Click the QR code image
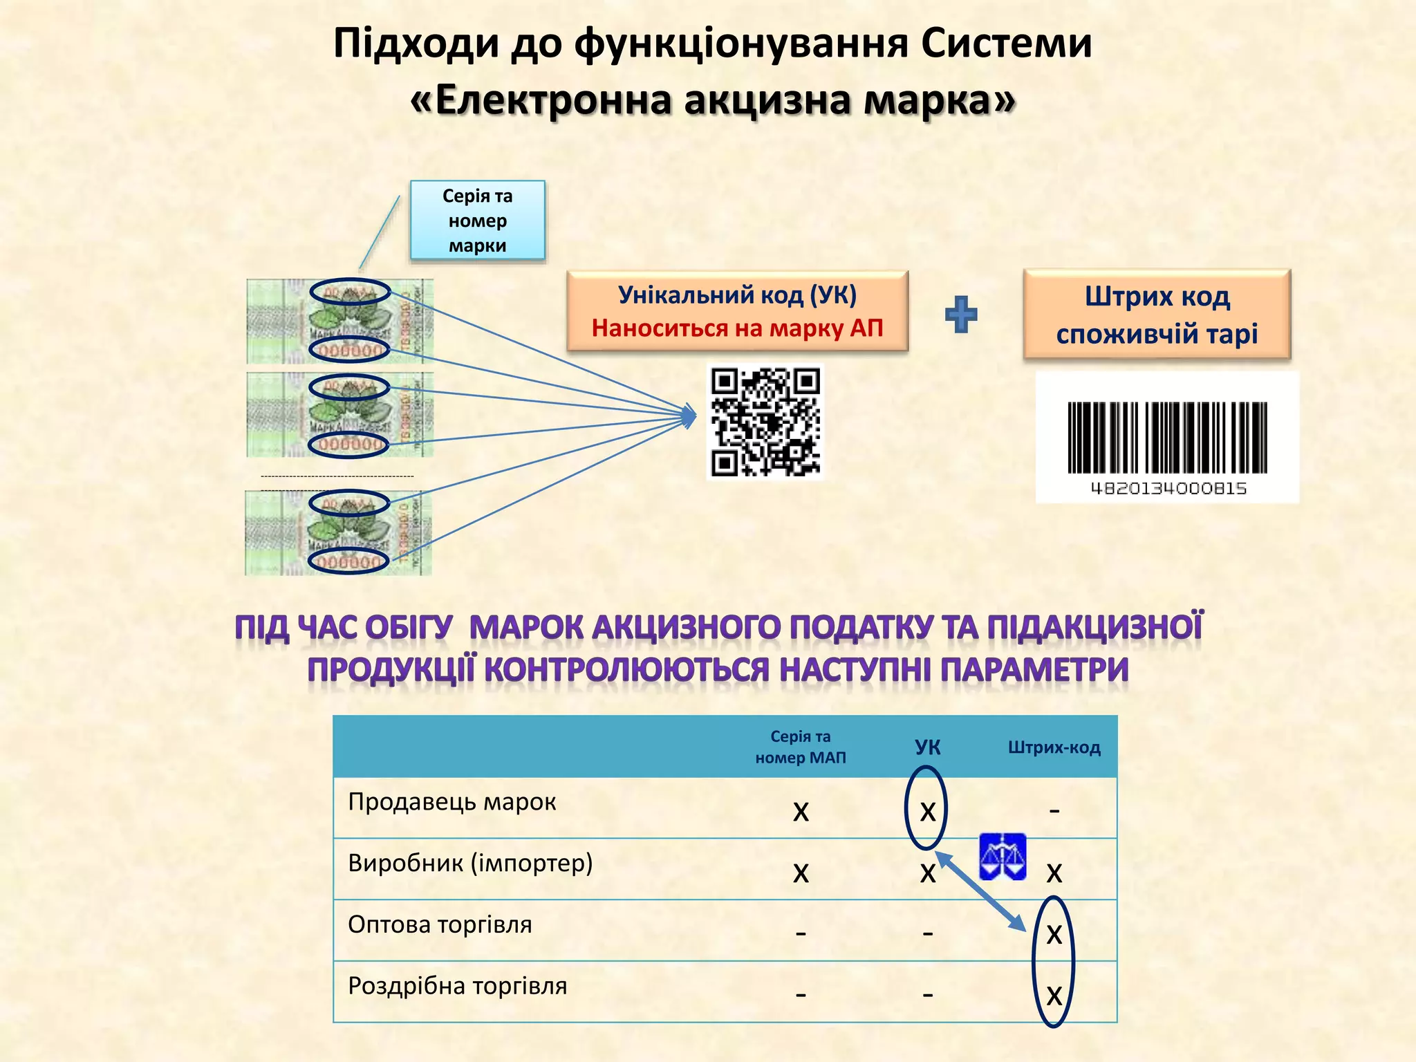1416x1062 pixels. pyautogui.click(x=765, y=422)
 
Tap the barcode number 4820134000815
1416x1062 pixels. pyautogui.click(x=1168, y=489)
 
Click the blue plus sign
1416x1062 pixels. pyautogui.click(x=961, y=315)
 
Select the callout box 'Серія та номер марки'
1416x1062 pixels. pyautogui.click(x=478, y=221)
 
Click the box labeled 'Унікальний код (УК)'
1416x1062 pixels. pyautogui.click(x=737, y=296)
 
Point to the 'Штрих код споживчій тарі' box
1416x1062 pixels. pyautogui.click(x=1157, y=315)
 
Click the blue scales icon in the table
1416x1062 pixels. pyautogui.click(x=1003, y=857)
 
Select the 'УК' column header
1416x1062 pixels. pyautogui.click(x=927, y=747)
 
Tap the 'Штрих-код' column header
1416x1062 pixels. pyautogui.click(x=1054, y=747)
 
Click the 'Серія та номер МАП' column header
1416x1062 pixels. pyautogui.click(x=801, y=747)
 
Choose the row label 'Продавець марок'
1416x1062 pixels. pyautogui.click(x=452, y=802)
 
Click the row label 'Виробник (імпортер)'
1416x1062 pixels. pyautogui.click(x=470, y=863)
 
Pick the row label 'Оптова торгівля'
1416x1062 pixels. pyautogui.click(x=440, y=924)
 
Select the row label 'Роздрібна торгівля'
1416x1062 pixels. pyautogui.click(x=457, y=986)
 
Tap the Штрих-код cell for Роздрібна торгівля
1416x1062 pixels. pyautogui.click(x=1054, y=996)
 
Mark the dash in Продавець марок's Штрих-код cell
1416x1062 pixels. pyautogui.click(x=1054, y=810)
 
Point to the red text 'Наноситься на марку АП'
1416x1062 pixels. pyautogui.click(x=737, y=328)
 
